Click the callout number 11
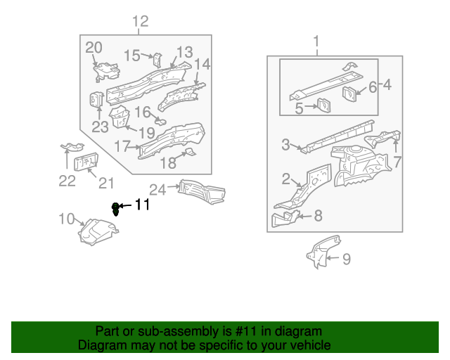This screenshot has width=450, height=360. click(143, 205)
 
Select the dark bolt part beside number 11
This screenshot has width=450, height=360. click(116, 207)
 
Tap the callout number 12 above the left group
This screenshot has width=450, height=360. click(141, 22)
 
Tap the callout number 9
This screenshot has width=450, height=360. click(345, 259)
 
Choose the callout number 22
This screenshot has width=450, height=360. click(66, 181)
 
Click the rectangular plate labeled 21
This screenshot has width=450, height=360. click(85, 164)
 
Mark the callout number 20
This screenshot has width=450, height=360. click(94, 47)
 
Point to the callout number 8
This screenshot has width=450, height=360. click(318, 216)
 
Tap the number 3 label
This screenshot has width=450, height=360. click(285, 145)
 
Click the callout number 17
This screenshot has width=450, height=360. click(122, 146)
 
